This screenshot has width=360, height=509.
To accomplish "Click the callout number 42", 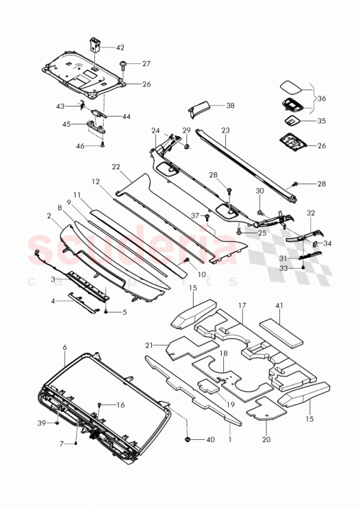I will pos(120,47).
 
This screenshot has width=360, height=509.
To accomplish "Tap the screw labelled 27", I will pos(124,65).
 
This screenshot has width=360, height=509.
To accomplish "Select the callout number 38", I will pos(230,106).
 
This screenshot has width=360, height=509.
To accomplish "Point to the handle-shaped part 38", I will pos(197,108).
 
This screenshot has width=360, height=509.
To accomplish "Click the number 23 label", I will pos(225,131).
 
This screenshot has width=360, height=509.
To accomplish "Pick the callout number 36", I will pos(321,99).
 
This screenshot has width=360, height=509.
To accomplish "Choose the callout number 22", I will pos(115,166).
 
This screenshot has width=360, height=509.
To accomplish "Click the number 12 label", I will pos(94,181).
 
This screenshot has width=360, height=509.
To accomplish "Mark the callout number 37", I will pos(194,215).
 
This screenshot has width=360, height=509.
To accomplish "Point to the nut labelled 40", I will pos(189,438).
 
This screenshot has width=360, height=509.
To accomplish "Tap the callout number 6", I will pos(64,347).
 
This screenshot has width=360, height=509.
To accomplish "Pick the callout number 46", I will pos(81,145).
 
